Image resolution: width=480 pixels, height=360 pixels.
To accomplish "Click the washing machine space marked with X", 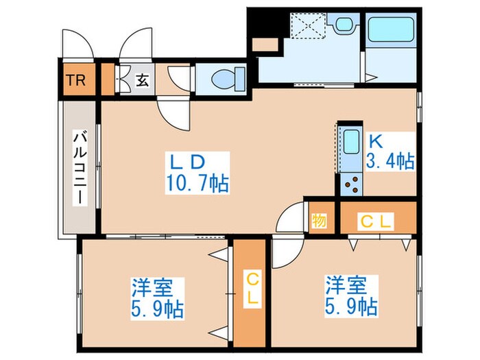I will pyautogui.click(x=302, y=26).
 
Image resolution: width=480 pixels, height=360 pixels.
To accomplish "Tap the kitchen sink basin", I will pyautogui.click(x=350, y=143).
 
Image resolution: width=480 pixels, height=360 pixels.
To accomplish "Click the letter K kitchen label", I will pyautogui.click(x=375, y=141).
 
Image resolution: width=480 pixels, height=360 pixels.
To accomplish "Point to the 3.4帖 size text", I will pyautogui.click(x=390, y=162).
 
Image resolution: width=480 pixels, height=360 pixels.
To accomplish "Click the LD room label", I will pyautogui.click(x=188, y=163).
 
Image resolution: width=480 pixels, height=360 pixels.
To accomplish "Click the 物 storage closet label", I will pyautogui.click(x=320, y=221).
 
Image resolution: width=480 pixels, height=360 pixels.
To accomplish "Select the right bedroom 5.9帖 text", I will pyautogui.click(x=350, y=304).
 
